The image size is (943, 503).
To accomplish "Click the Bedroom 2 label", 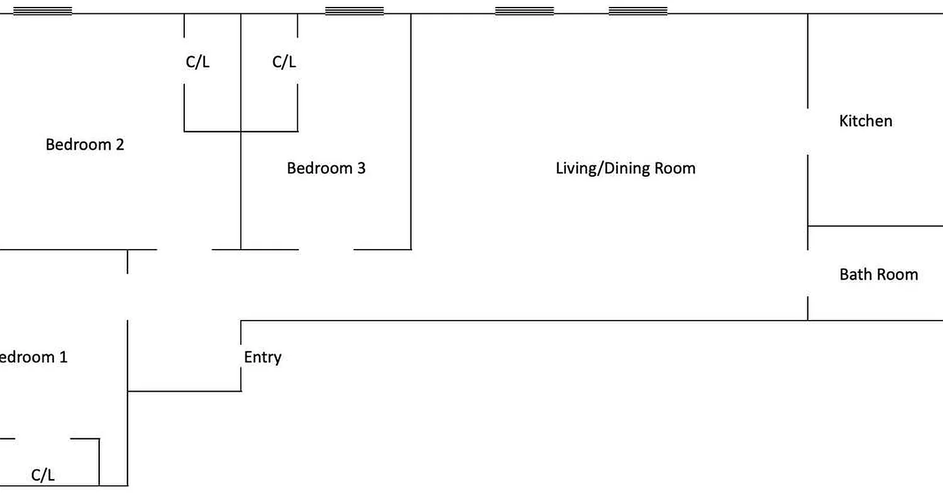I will point(85,145).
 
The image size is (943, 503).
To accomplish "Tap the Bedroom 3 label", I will point(326,169).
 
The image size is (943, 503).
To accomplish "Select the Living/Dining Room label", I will point(626,169).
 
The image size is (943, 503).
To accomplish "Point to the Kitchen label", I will point(865,121).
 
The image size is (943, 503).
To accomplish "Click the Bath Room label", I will point(878,274).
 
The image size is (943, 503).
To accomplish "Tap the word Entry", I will point(262,357).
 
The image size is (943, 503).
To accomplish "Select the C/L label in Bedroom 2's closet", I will point(197,62).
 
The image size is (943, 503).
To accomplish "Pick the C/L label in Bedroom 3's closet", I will point(284,62).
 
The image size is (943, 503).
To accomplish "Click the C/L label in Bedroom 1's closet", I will point(43,475).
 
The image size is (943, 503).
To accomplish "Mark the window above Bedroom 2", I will point(42,11).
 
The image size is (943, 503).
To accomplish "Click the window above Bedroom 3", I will point(354,11).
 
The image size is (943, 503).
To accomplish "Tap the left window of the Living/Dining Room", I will point(524,11).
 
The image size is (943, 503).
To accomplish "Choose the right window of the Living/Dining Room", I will point(638,11).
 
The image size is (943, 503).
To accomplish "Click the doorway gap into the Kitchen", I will point(808,132).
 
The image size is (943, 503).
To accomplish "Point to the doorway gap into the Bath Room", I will point(808,274).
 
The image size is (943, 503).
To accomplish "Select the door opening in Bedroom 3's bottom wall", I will point(326,250).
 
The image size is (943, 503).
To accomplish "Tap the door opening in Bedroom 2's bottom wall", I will point(184,250).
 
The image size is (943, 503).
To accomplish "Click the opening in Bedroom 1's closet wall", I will point(43,438).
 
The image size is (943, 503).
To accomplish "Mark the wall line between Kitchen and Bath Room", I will point(875,226).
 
